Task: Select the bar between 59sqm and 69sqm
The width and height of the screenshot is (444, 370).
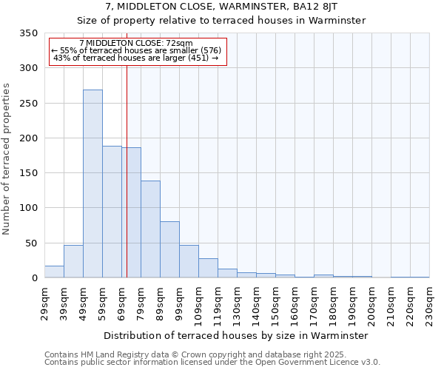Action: [112, 212]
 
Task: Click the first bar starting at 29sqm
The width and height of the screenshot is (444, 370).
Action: [54, 272]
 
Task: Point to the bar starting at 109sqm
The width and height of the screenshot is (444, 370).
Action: [208, 268]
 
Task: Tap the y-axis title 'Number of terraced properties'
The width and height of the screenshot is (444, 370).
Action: [7, 159]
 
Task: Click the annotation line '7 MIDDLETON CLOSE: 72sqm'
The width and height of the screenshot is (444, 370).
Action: [135, 44]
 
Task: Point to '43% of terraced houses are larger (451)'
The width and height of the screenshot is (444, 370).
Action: [135, 58]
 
